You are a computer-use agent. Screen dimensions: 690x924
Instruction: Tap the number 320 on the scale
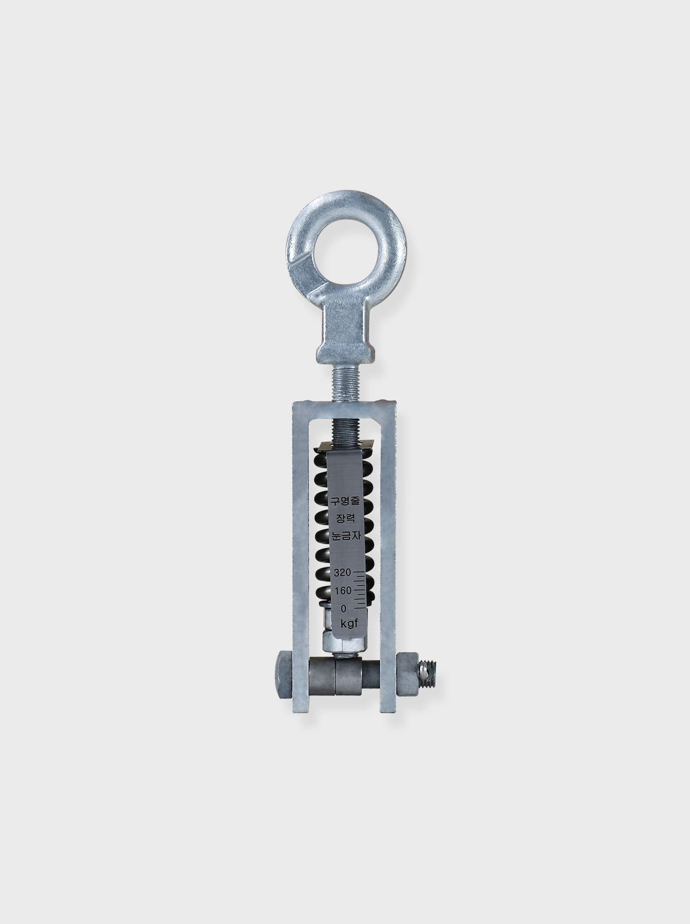point(342,572)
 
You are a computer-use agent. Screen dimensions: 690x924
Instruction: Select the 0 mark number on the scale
point(344,608)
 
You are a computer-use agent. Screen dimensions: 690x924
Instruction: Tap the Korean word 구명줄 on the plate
point(345,501)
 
